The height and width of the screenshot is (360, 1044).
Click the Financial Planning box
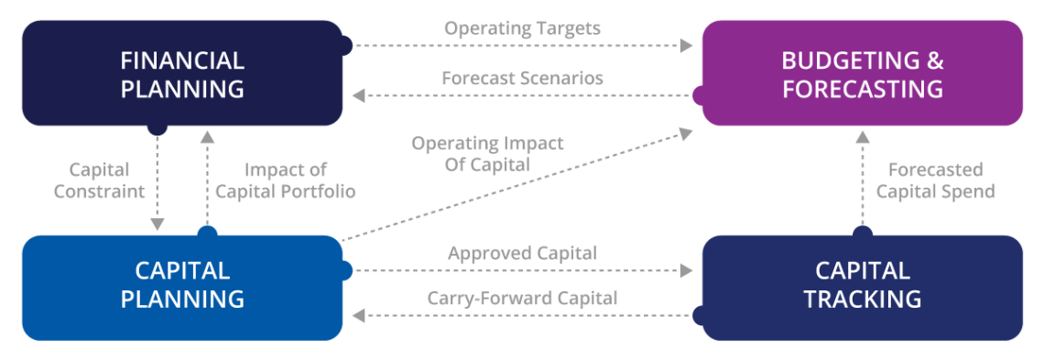pos(182,74)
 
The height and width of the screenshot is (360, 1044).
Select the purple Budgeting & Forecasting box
pos(862,74)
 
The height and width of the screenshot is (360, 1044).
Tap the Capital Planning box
pos(182,285)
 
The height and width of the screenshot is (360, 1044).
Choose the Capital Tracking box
pos(862,285)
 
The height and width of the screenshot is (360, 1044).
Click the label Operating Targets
pos(522,28)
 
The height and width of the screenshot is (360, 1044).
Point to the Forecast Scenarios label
pos(522,78)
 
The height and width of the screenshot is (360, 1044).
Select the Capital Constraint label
pos(99,180)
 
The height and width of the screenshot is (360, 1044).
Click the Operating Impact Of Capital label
pos(487,154)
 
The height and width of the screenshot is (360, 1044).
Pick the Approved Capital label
pos(522,253)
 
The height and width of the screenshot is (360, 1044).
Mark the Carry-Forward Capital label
pos(522,298)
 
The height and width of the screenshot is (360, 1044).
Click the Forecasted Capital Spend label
pos(935,180)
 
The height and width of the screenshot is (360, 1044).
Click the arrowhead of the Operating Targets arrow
pos(687,44)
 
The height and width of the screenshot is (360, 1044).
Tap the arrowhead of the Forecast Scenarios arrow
pos(359,94)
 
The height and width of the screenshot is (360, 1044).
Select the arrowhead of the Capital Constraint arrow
pos(158,224)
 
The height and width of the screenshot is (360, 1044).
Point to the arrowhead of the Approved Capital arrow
pos(687,270)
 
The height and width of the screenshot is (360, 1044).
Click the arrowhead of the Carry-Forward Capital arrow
pos(359,315)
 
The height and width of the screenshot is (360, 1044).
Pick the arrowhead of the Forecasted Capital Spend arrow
pos(861,137)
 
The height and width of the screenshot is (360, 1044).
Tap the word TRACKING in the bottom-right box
pos(862,299)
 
